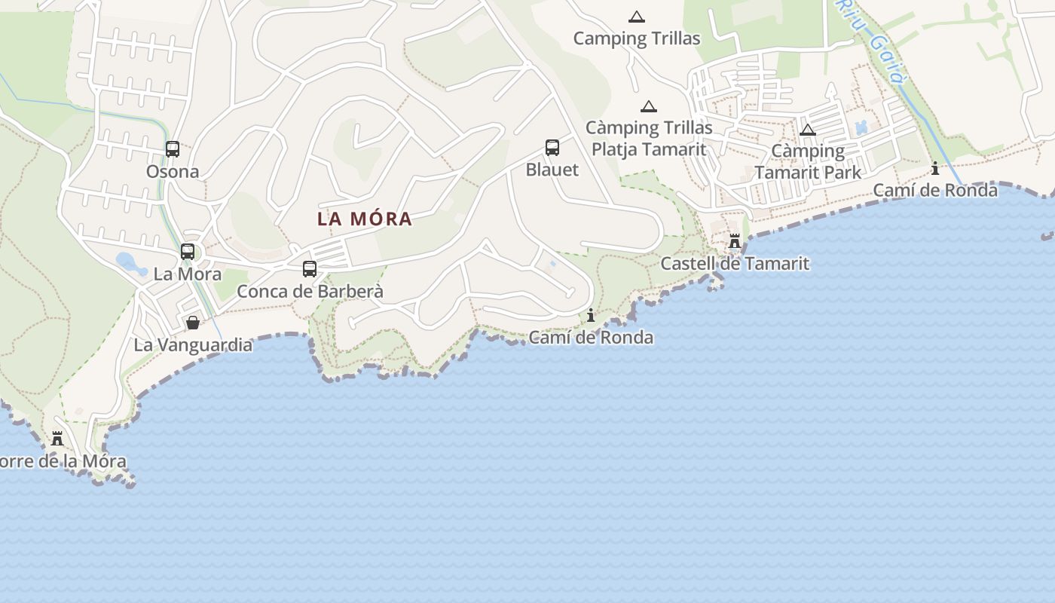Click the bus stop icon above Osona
click(x=173, y=149)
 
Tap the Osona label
click(x=173, y=172)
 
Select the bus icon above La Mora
click(x=188, y=252)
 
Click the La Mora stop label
click(x=188, y=274)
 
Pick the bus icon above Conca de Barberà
click(x=309, y=268)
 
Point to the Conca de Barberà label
click(x=310, y=292)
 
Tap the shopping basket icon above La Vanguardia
click(x=193, y=323)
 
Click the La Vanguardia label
click(x=193, y=345)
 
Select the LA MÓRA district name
click(x=365, y=219)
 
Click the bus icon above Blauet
click(x=552, y=148)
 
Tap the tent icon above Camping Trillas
click(x=637, y=17)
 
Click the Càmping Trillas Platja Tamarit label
click(x=649, y=139)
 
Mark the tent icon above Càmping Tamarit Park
click(x=808, y=130)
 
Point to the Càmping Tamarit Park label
click(x=808, y=161)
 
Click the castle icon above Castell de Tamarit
click(x=735, y=241)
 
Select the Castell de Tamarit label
click(x=735, y=264)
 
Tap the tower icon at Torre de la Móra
click(x=57, y=438)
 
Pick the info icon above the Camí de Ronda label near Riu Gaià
click(x=935, y=168)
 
